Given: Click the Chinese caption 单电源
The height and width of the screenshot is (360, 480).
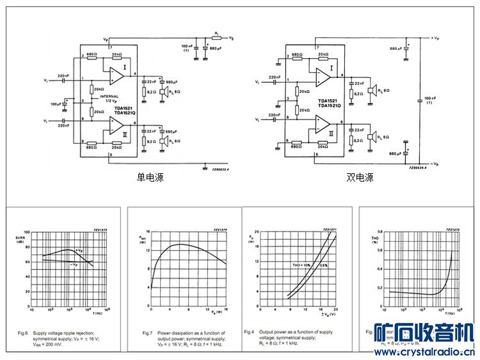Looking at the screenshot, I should [x=150, y=177].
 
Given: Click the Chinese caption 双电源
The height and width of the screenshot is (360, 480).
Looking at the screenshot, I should [x=360, y=177].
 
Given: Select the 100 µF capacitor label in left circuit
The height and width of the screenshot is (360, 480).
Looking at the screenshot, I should [x=56, y=103].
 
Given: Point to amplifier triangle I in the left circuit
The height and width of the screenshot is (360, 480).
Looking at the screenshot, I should [x=116, y=75].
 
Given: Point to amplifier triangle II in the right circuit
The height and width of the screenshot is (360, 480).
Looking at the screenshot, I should [x=323, y=125].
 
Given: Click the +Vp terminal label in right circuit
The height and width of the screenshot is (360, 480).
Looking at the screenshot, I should [x=435, y=38].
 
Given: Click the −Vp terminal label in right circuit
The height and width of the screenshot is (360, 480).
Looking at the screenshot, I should [x=435, y=164].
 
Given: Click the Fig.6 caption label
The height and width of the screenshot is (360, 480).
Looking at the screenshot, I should [x=23, y=333].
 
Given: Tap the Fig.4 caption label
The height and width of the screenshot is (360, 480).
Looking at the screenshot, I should [x=250, y=332].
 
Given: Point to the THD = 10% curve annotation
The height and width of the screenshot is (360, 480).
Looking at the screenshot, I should [x=300, y=265].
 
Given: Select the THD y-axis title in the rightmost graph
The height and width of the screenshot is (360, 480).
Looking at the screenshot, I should [x=376, y=239].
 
